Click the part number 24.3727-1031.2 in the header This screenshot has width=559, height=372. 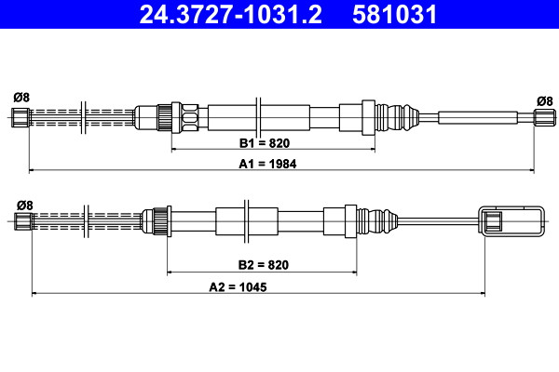point(230,15)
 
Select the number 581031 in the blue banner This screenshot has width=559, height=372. point(394,15)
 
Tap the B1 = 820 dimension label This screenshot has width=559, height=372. point(265,143)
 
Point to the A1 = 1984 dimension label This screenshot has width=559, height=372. point(267,164)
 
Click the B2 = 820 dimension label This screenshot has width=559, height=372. point(263,265)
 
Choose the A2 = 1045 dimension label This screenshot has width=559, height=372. point(238,287)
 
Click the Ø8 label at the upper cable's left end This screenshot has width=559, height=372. point(21,97)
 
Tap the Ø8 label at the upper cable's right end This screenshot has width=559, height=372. point(545,101)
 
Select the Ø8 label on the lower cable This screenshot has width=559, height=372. point(24,206)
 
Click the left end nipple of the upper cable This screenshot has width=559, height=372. point(20,117)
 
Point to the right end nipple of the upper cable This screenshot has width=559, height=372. point(544,117)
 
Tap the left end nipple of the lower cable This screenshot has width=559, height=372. point(23,221)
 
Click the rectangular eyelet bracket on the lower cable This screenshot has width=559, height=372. point(511,220)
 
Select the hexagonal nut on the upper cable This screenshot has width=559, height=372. point(189,117)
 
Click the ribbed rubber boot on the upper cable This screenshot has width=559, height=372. point(397,117)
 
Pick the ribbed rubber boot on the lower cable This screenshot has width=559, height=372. point(377,221)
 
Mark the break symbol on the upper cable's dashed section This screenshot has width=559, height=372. point(84,117)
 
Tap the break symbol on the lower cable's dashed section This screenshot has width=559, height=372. point(86,221)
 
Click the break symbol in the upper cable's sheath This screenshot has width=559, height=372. point(258,116)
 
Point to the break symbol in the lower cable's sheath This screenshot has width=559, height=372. point(246,221)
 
